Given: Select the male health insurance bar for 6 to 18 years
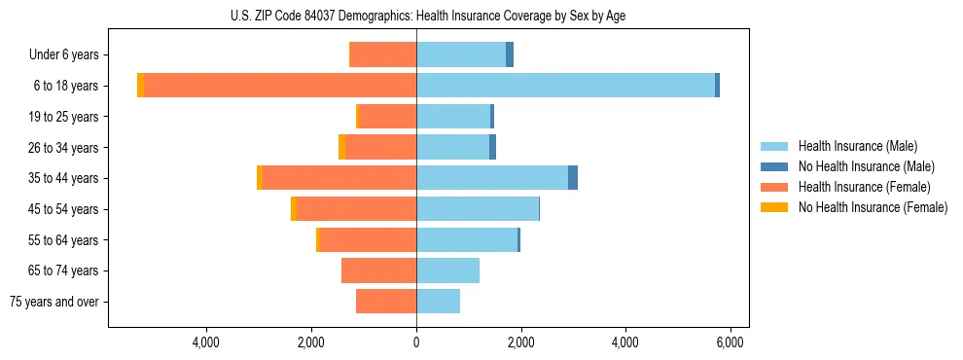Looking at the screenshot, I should pos(565,86).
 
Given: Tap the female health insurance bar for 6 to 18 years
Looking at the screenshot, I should pos(280,86).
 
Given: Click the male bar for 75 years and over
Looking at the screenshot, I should pos(438,302).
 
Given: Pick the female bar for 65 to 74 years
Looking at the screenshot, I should pos(378,270).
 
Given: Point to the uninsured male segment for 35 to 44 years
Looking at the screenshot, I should pos(573,178).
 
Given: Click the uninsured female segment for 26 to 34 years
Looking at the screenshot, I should pos(341,147).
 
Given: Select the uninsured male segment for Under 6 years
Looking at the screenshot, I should pos(510,54).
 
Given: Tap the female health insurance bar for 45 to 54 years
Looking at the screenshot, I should pos(356,209).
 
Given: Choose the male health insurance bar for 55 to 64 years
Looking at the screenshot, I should pos(467,239).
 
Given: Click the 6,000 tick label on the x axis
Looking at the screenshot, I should pos(730,342).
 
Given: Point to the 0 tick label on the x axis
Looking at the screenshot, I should pos(416,342).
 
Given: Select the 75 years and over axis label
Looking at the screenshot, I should pos(54,302).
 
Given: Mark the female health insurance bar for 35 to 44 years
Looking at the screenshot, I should pos(339,178).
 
